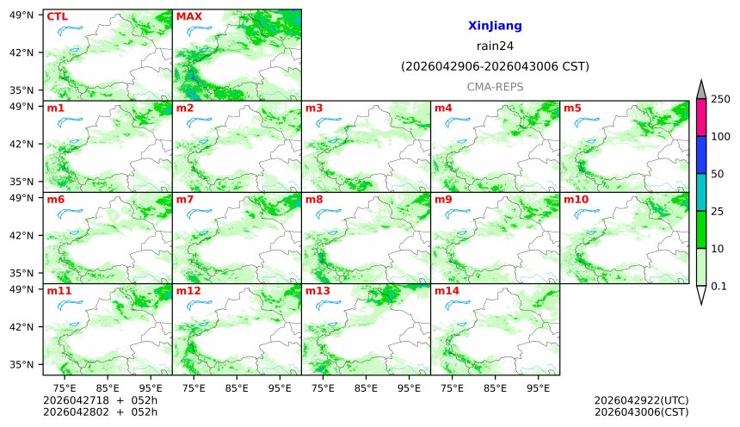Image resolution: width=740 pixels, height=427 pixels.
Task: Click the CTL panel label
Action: pos(57,16)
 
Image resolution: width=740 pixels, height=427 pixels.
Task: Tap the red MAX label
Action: pos(188,16)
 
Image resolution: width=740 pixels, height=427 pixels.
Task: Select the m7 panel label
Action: pos(184,200)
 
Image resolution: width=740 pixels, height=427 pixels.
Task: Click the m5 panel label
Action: pos(572,108)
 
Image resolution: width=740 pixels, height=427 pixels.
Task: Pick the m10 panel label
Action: pos(576,200)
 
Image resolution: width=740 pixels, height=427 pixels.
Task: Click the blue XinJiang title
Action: pos(495,27)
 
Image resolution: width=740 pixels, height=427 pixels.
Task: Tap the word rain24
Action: pos(495,46)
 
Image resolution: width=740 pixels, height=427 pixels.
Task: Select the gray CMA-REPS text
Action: pos(495,87)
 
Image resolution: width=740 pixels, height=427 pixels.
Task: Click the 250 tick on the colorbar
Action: pos(721,99)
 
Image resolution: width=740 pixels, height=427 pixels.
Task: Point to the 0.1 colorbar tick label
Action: pos(719,286)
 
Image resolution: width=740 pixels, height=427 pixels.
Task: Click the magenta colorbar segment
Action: pos(701,117)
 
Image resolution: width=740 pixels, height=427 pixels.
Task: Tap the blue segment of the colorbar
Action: pos(701,155)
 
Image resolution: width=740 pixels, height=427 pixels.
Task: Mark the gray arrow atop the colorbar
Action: pos(701,90)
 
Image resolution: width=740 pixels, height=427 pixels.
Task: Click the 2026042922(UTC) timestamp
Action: pos(641,400)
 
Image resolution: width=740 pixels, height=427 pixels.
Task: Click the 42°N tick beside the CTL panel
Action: pos(21,53)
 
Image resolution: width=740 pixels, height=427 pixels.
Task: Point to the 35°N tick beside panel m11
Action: pos(21,364)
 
